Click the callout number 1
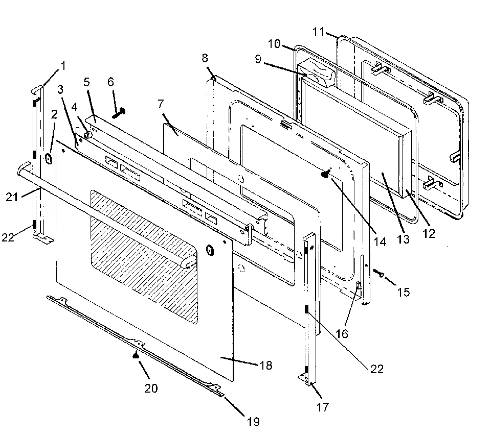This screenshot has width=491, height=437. coord(63,65)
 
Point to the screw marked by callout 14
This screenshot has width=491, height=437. coord(325,175)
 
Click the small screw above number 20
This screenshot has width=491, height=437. coord(137,356)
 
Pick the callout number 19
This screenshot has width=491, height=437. coord(253,422)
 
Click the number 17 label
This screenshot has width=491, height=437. coord(323,407)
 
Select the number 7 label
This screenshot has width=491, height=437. coord(160,105)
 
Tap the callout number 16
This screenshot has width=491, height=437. coord(341,334)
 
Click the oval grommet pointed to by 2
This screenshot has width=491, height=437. coord(49,159)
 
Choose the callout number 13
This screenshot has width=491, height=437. coord(404,239)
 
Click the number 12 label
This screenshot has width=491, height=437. coord(428,234)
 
